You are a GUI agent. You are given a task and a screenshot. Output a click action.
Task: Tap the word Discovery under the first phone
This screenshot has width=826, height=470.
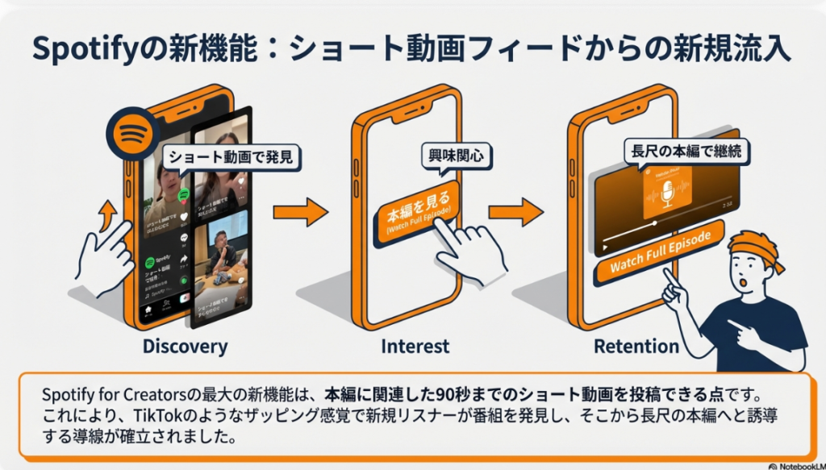185,347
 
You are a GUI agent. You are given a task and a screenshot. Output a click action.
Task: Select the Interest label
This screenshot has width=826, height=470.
415,347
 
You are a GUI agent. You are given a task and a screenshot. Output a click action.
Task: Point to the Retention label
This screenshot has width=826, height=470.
636,347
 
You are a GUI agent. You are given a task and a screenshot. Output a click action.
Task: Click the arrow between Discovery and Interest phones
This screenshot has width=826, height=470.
299,213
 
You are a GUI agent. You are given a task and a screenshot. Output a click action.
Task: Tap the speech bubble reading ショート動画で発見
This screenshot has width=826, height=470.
232,157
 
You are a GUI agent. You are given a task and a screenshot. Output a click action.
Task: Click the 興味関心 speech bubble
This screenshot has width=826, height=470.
457,156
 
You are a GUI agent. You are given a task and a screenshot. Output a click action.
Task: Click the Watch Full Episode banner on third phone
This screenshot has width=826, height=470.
661,252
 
